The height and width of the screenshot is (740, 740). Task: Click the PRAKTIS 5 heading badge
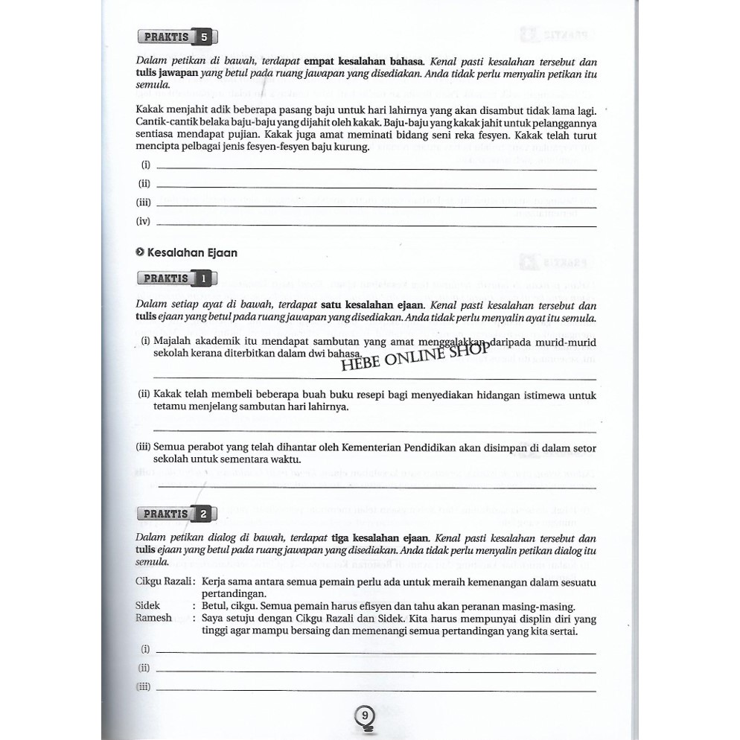(178, 37)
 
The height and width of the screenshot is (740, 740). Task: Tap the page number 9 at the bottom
(365, 716)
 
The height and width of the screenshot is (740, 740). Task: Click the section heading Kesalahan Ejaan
(187, 252)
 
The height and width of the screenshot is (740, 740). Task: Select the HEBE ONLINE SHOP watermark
(415, 357)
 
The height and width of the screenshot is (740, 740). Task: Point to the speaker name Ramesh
(154, 617)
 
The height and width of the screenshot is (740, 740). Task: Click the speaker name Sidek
(148, 606)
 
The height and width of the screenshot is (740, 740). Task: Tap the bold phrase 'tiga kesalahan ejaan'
(375, 538)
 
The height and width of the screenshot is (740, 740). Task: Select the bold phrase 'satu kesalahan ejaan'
(372, 304)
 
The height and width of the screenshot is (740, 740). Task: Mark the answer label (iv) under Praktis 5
(144, 221)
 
